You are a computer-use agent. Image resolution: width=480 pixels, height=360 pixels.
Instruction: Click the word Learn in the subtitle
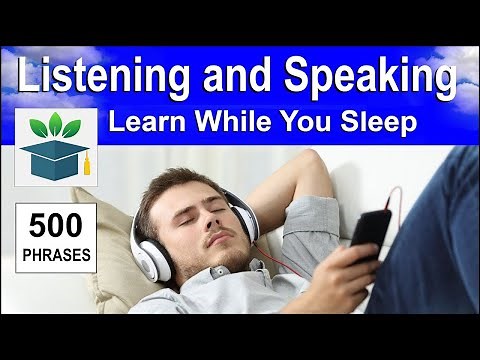pos(143,125)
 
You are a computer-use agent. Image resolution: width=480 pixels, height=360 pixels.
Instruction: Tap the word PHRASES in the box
pos(57,253)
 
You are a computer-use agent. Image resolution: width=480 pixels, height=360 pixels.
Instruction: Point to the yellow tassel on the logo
pos(86,164)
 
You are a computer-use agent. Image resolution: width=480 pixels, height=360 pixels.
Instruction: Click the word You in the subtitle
pos(300,125)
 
